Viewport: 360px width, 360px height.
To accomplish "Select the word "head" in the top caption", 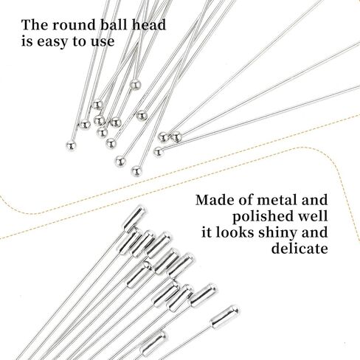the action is [149, 25].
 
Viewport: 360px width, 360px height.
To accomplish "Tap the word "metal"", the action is [277, 200].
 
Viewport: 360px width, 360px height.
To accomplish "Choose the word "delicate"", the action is [300, 248].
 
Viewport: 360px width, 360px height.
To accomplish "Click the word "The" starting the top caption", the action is [35, 25].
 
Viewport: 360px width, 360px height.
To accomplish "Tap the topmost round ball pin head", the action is [135, 85].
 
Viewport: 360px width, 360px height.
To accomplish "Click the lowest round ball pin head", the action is [136, 171].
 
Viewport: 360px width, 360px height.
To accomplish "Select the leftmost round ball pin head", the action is [71, 146].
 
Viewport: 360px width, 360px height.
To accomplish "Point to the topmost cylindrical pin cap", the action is [134, 219].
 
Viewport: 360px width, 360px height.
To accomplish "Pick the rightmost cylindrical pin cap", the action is [224, 316].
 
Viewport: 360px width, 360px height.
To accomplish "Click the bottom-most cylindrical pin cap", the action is [153, 344].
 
